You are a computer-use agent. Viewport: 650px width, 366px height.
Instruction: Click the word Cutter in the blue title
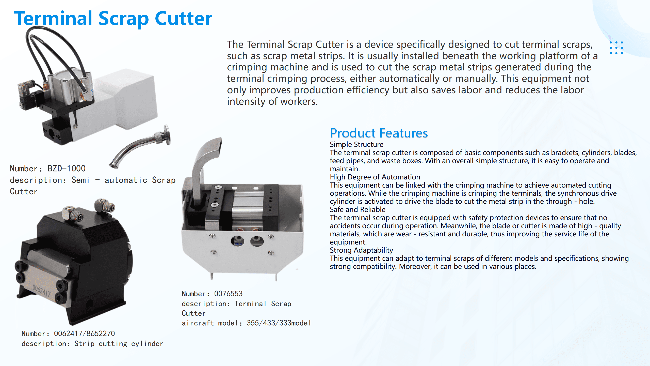coord(183,18)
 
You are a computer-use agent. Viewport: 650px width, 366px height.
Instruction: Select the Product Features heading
coord(379,133)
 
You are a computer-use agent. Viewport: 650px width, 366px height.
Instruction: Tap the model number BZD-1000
coord(67,168)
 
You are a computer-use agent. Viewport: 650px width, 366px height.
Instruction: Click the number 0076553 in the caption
coord(228,294)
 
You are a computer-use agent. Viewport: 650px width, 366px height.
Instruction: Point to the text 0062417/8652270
coord(84,333)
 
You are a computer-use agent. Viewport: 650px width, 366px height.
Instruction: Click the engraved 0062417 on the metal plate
coord(42,290)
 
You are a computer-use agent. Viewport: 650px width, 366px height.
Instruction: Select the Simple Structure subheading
coord(356,144)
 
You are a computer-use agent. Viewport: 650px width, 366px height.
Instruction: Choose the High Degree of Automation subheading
coord(375,177)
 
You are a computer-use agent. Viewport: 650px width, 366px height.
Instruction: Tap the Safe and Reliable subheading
coord(357,209)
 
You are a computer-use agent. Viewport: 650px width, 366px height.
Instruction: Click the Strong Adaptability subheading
coord(361,250)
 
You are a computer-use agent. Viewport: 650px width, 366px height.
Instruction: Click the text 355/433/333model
coord(279,323)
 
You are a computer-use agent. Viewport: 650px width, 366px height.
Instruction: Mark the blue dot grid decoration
coord(616,48)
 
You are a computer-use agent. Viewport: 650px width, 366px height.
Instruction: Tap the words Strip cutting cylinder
coord(119,344)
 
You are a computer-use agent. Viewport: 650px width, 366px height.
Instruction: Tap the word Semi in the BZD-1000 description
coord(80,180)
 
